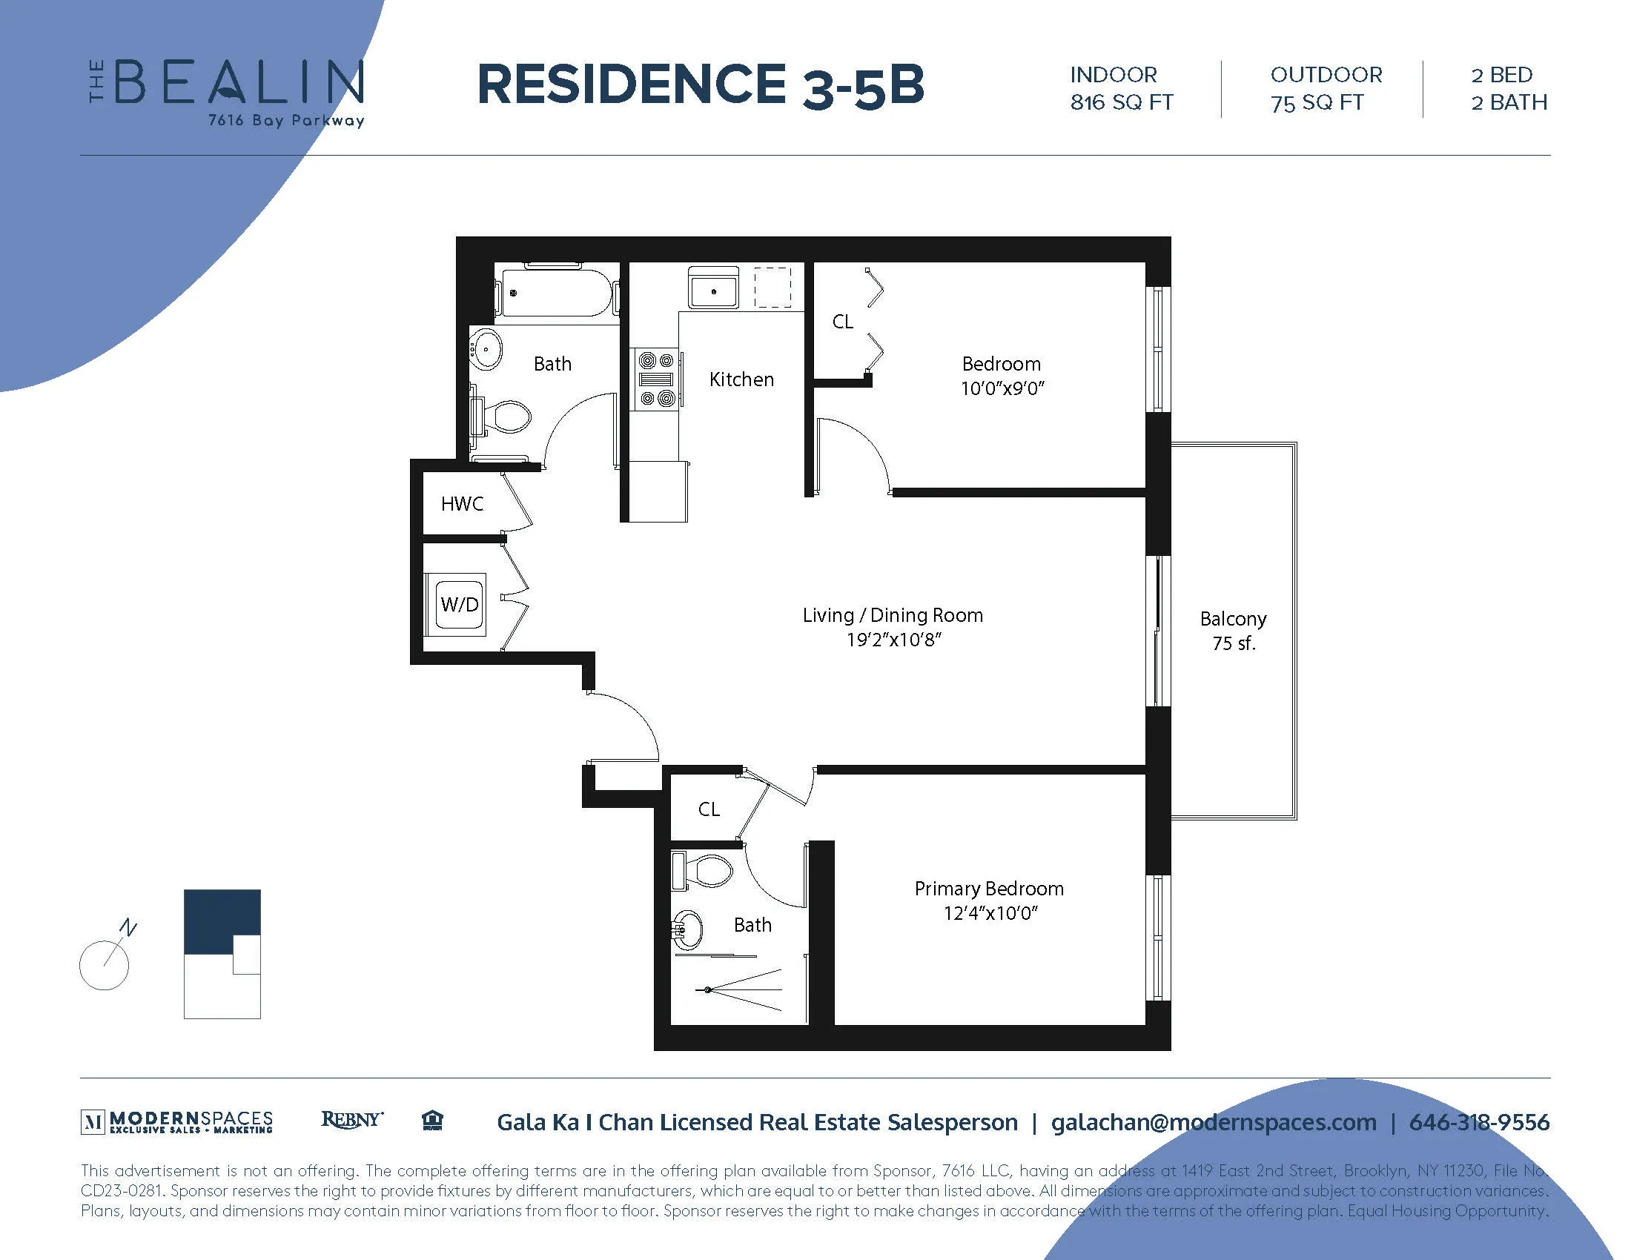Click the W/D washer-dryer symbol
[460, 604]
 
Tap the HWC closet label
[462, 504]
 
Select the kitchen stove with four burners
[656, 380]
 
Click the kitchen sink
[713, 290]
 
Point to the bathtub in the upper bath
[556, 293]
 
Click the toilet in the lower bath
[707, 870]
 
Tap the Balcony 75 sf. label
[1233, 631]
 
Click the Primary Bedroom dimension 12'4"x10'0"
[990, 913]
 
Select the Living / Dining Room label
[893, 615]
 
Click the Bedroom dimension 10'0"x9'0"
[1002, 388]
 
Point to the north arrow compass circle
[104, 965]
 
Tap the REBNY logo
[351, 1120]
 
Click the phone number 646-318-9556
[1479, 1122]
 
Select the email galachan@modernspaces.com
[1214, 1122]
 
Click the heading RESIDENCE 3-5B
[700, 85]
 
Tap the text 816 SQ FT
[1121, 102]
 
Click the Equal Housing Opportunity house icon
[432, 1121]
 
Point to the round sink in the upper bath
[486, 348]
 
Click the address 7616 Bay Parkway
[286, 120]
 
